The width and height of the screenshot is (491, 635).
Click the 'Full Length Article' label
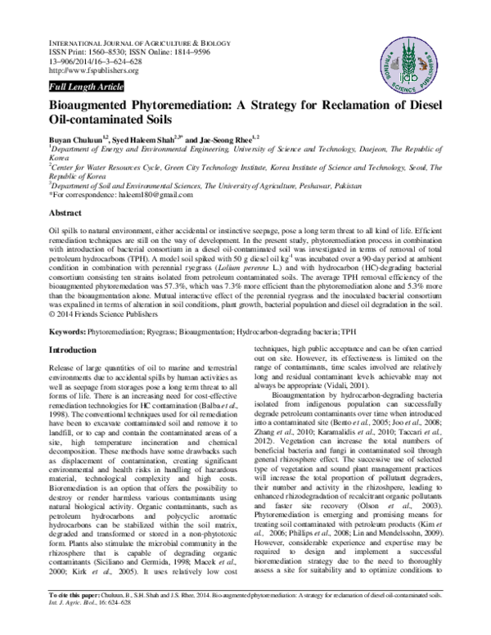click(x=86, y=86)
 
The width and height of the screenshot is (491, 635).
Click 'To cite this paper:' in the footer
click(x=79, y=619)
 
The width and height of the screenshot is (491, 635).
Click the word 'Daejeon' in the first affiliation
click(x=372, y=151)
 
